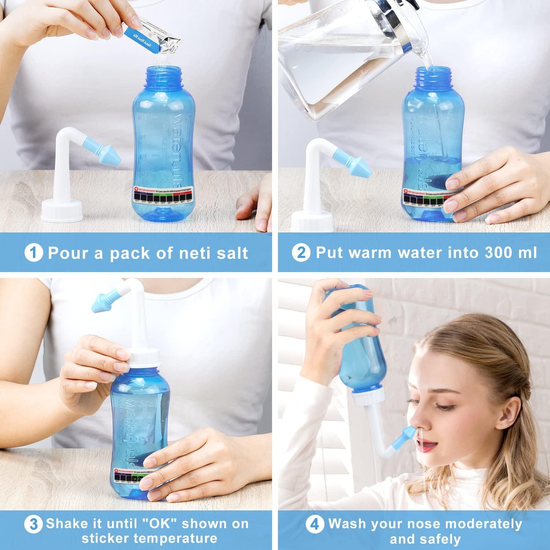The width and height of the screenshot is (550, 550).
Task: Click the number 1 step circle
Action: (34, 253)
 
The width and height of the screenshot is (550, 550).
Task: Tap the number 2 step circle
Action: (301, 253)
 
